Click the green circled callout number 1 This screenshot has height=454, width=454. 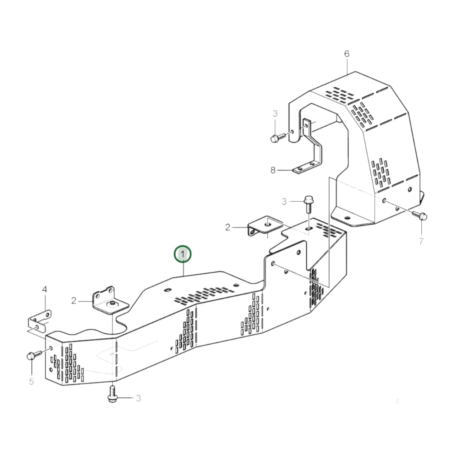[183, 254]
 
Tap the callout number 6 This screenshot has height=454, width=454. [347, 54]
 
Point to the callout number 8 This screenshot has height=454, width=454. [273, 170]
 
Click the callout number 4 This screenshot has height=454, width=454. [45, 289]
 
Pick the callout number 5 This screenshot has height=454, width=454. [31, 381]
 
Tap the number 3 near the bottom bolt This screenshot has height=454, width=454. [138, 398]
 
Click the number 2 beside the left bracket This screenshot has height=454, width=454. [74, 301]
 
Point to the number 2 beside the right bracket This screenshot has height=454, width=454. [228, 227]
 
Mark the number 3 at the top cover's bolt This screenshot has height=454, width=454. [275, 114]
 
